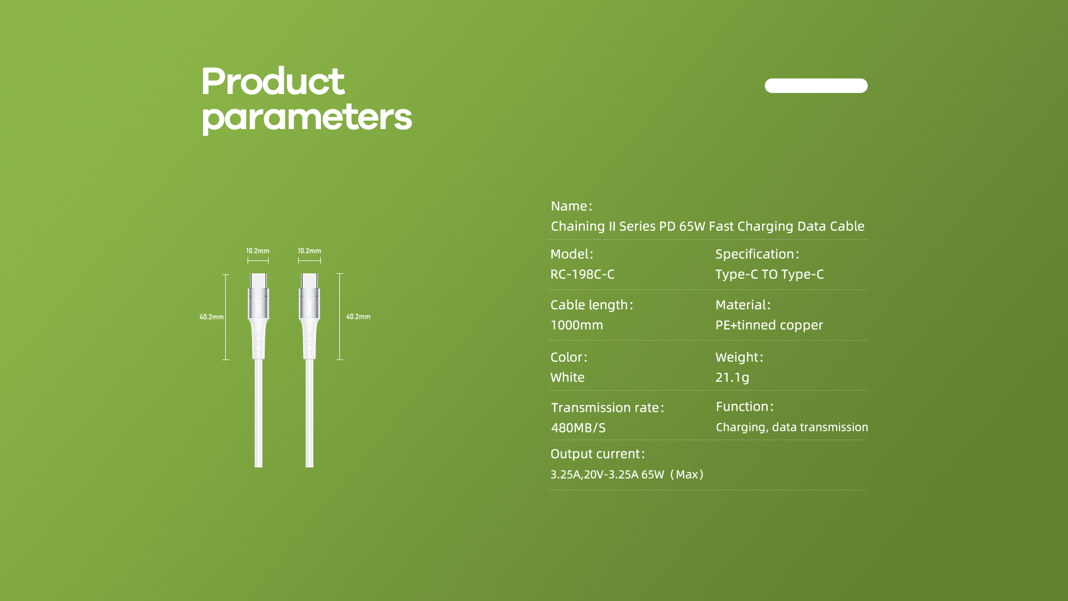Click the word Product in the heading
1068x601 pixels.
click(x=273, y=81)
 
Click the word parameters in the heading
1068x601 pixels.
click(x=306, y=118)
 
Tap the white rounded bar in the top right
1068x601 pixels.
click(x=816, y=86)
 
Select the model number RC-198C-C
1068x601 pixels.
click(x=582, y=274)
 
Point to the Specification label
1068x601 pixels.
click(x=757, y=254)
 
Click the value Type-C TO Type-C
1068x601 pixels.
click(x=769, y=274)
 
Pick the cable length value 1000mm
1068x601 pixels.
click(x=576, y=325)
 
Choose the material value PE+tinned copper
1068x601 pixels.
click(x=769, y=325)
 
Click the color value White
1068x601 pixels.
click(x=567, y=377)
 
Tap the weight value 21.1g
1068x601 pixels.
click(x=732, y=377)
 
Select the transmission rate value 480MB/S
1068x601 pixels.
click(x=578, y=428)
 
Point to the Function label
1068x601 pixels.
click(x=745, y=407)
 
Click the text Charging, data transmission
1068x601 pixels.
click(x=792, y=427)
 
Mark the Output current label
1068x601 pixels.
click(x=597, y=454)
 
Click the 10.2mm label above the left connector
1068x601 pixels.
click(x=258, y=251)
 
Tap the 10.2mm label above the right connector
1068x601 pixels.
click(x=309, y=251)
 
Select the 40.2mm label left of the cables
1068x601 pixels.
click(x=211, y=317)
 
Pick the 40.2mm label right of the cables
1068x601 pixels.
click(x=358, y=317)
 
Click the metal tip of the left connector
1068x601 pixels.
click(x=258, y=280)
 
